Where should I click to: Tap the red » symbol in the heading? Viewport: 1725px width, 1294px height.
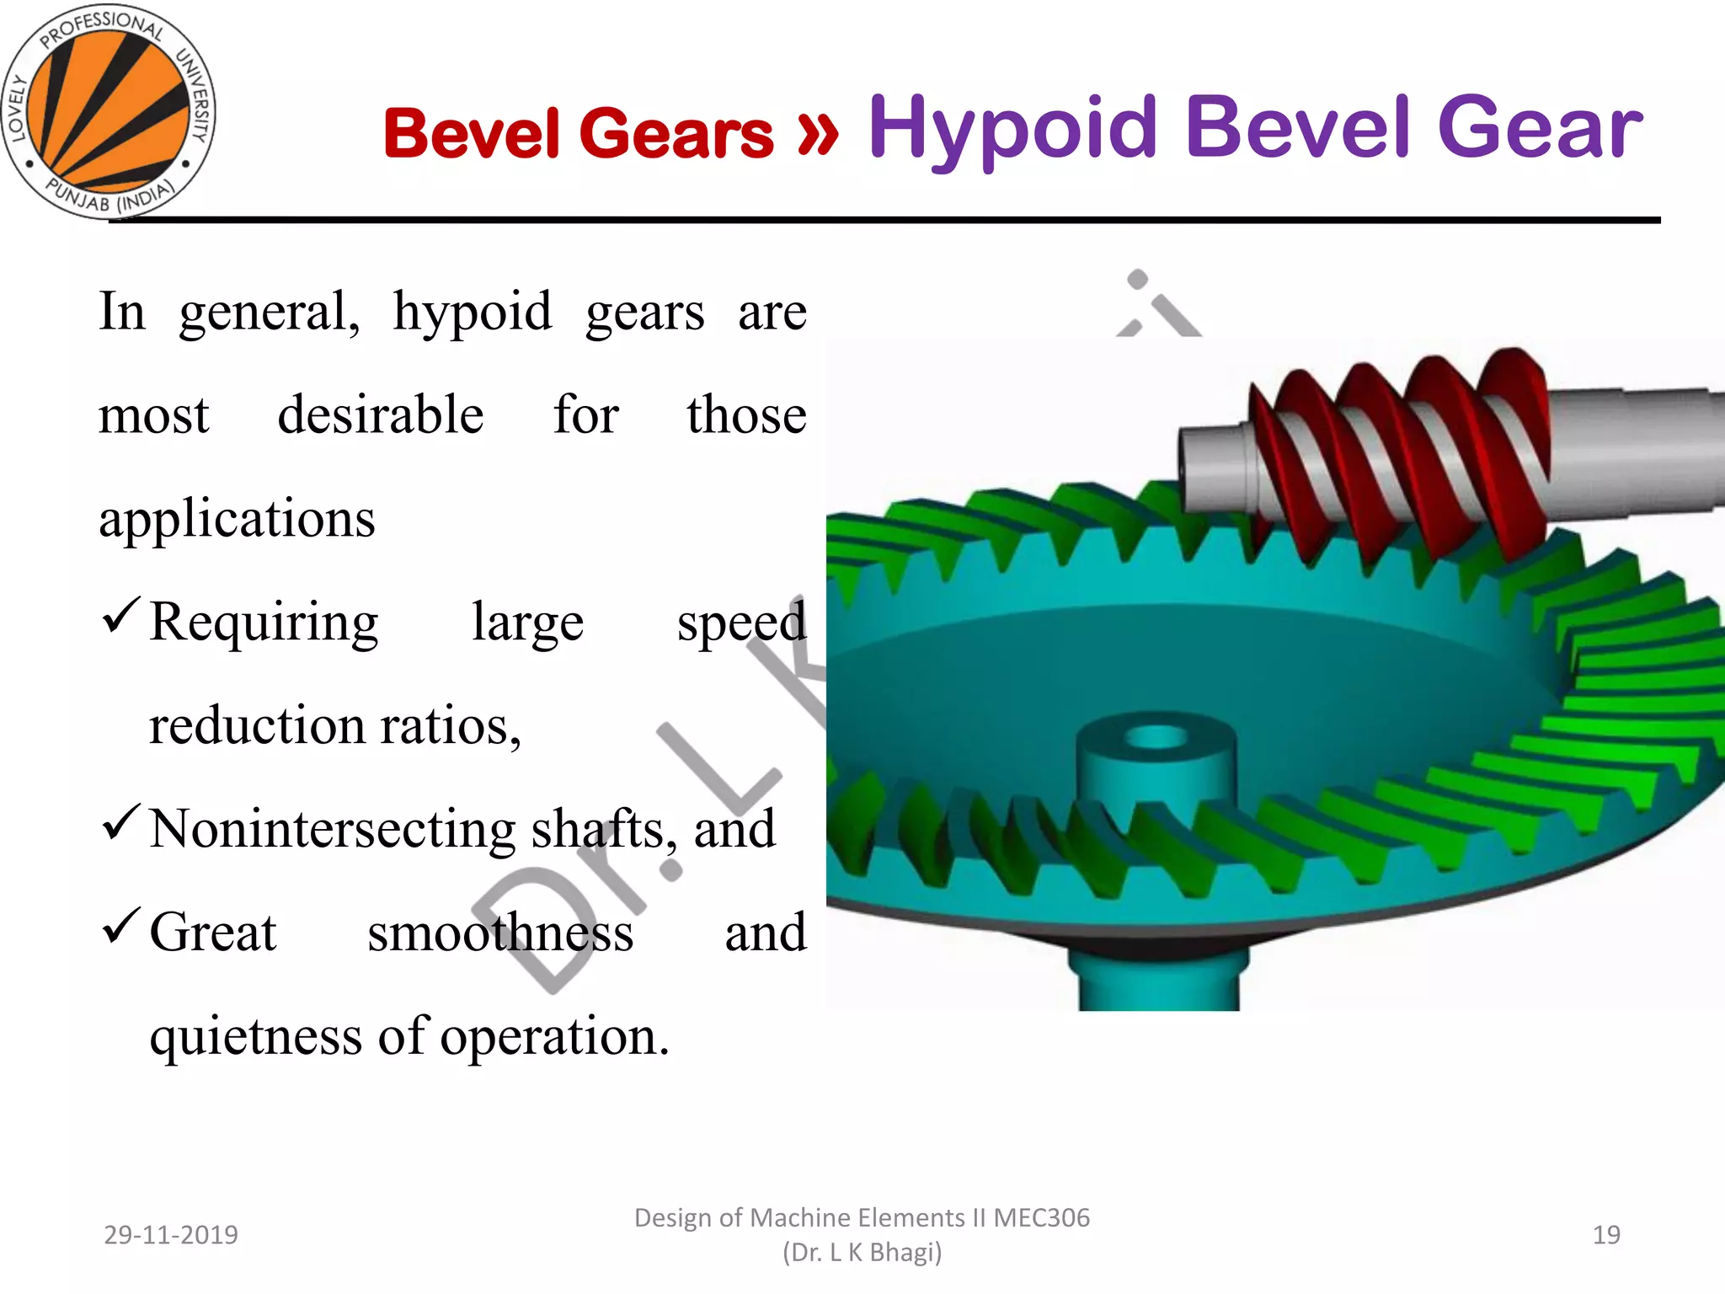pyautogui.click(x=817, y=133)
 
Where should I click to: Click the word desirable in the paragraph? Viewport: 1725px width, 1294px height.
pyautogui.click(x=381, y=414)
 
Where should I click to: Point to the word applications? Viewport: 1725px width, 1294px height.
pyautogui.click(x=237, y=518)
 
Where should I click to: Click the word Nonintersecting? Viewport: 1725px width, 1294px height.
pyautogui.click(x=333, y=829)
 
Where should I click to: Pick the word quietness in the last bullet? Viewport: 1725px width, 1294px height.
pyautogui.click(x=255, y=1036)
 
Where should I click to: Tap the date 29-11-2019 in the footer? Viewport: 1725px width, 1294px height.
pyautogui.click(x=171, y=1235)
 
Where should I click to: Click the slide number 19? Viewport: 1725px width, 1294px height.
pyautogui.click(x=1606, y=1235)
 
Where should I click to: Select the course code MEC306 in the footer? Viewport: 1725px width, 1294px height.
pyautogui.click(x=1041, y=1218)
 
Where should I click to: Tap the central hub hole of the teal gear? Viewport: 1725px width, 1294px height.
pyautogui.click(x=1156, y=738)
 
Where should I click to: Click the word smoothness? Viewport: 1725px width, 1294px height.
pyautogui.click(x=500, y=933)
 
